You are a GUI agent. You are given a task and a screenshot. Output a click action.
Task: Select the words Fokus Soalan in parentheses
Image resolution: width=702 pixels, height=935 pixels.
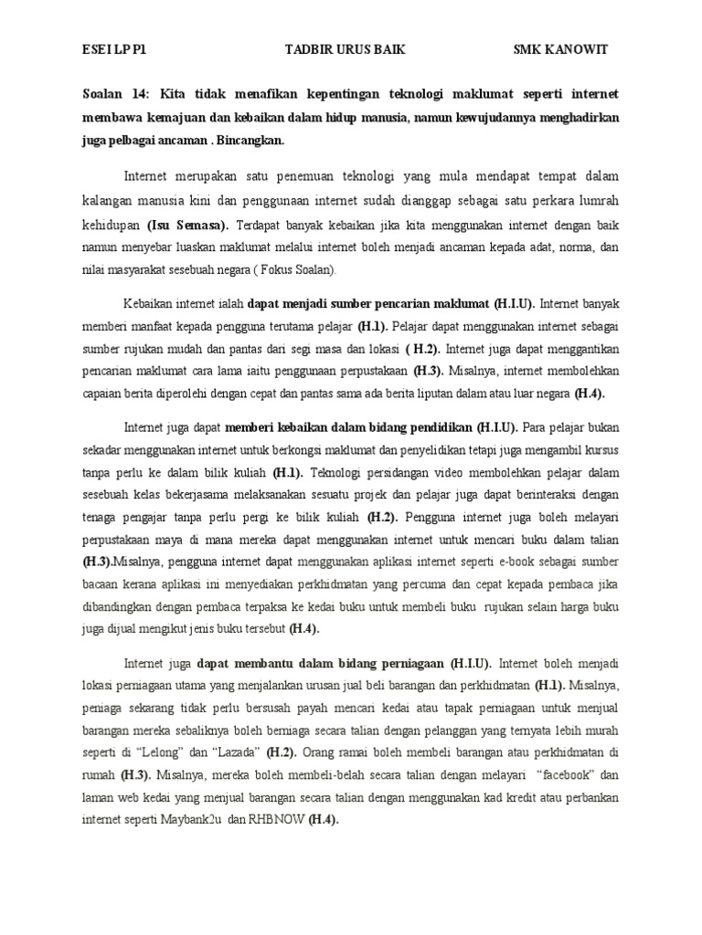click(299, 270)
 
